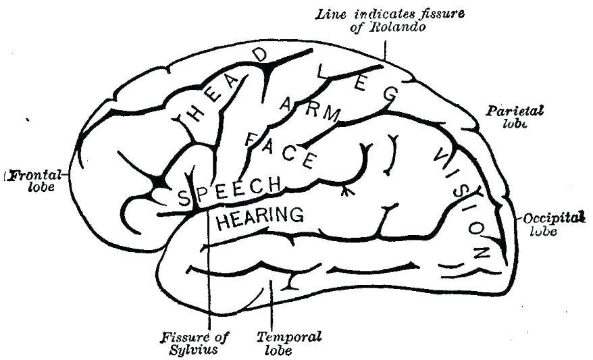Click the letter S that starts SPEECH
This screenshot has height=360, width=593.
pyautogui.click(x=182, y=199)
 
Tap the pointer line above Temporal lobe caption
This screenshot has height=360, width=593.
pyautogui.click(x=271, y=304)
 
